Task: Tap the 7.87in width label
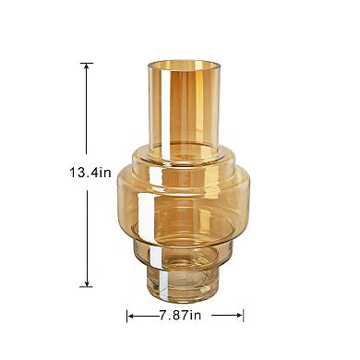tap(186, 315)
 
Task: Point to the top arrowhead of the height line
tap(88, 67)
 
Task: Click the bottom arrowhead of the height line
tap(88, 282)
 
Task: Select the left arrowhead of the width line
tap(132, 316)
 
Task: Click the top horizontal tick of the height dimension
tap(88, 63)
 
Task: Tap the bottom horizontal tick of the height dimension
tap(88, 287)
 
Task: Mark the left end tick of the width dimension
tap(127, 316)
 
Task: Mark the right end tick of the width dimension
tap(244, 316)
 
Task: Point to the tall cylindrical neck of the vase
tap(186, 106)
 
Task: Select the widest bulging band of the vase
tap(186, 198)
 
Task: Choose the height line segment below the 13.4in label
tap(88, 231)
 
